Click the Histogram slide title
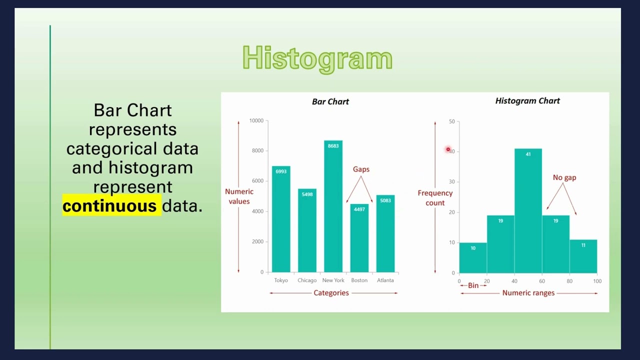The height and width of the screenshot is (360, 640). coord(317,58)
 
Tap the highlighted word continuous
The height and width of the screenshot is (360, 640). coord(109,206)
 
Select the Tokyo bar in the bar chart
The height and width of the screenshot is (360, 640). coord(281,220)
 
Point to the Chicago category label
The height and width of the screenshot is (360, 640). coord(307,280)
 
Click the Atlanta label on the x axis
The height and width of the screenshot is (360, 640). coord(385,280)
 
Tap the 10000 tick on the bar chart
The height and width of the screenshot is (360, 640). coord(256,120)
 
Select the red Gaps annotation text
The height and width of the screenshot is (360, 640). coord(361,169)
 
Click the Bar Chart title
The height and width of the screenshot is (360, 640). coord(330,101)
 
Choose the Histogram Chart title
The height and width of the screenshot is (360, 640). coord(527,101)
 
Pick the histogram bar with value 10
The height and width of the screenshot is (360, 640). coord(473,258)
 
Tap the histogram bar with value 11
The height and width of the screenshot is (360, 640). coord(583,256)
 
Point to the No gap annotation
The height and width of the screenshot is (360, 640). coord(564,177)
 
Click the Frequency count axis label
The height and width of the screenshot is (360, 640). coord(435,198)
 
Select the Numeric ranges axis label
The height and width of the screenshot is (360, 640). coord(528,293)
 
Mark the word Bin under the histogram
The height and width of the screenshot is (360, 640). coord(473,285)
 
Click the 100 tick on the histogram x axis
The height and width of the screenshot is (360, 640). coord(597,281)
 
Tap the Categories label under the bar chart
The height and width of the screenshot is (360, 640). coord(331,293)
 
